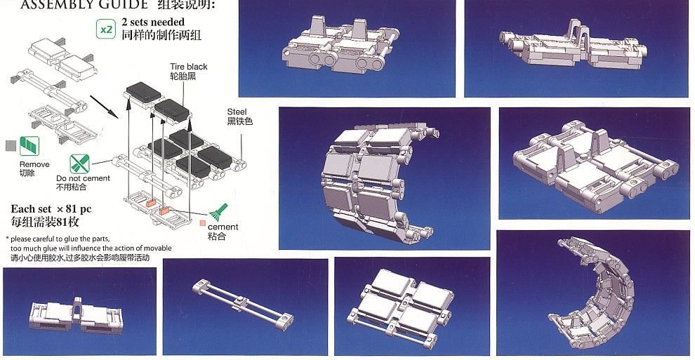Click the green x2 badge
tap(107, 29)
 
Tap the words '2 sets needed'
tap(153, 22)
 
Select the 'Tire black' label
tap(188, 67)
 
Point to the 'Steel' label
tap(237, 112)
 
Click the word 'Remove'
tap(34, 164)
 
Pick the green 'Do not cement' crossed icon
tap(80, 164)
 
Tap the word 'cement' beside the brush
tap(223, 227)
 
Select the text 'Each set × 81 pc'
tap(51, 209)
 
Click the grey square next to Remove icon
tap(11, 146)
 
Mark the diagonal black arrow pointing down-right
tap(104, 107)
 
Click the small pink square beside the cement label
tap(203, 224)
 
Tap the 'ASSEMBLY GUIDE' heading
tap(84, 5)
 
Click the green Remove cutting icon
tap(29, 146)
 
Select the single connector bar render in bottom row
tap(243, 305)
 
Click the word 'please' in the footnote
tap(21, 239)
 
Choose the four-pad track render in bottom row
tap(400, 307)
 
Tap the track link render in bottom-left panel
tap(77, 315)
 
